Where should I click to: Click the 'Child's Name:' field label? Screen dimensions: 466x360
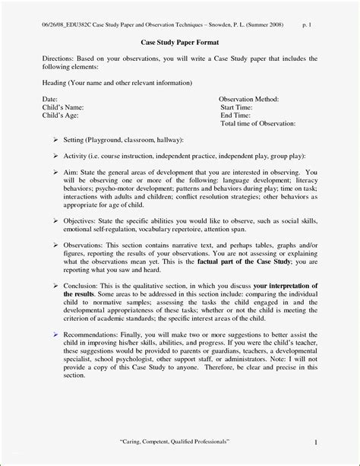coord(63,108)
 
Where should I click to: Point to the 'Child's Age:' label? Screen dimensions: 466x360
coord(61,116)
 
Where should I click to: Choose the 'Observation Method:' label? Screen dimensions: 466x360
coord(248,100)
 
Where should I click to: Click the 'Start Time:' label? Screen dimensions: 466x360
coord(237,108)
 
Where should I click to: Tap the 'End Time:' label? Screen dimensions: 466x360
coord(235,116)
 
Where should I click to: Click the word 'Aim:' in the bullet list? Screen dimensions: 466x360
coord(71,173)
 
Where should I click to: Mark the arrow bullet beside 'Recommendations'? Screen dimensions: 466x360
coord(55,334)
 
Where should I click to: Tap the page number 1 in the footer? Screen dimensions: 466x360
coord(314,441)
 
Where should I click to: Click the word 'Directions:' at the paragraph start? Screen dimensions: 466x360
coord(59,59)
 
